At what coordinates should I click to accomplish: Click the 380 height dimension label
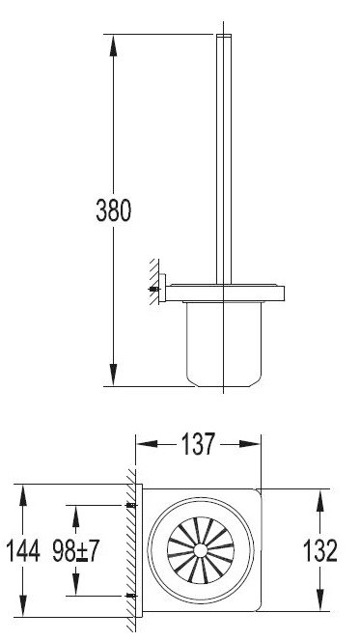pos(113,210)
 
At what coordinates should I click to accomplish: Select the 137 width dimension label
pos(198,446)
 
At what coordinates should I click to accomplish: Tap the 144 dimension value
pos(22,551)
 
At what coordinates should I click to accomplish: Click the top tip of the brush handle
pos(223,38)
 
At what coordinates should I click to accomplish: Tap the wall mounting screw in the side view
pos(153,289)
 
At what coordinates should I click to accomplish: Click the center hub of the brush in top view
pos(201,551)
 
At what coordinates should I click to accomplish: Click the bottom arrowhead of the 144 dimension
pos(22,609)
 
